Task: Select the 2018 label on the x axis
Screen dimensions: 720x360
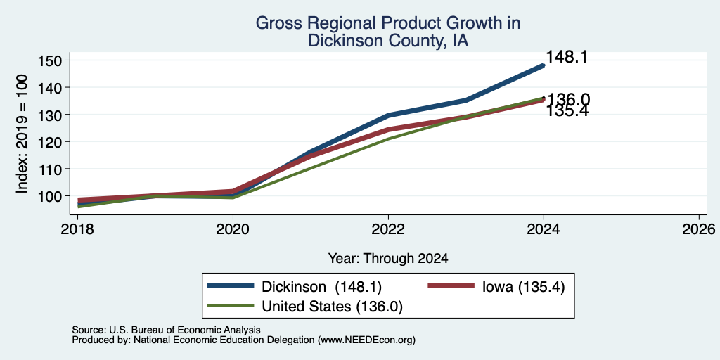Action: [77, 229]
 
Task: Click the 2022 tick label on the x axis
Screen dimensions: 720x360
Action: [388, 229]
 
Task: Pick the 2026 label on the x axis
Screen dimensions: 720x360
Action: [699, 229]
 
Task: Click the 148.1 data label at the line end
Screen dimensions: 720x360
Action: [567, 58]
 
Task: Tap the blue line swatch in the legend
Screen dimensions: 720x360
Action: [231, 285]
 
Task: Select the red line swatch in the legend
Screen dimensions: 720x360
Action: [451, 285]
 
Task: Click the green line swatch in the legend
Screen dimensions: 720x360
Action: [231, 306]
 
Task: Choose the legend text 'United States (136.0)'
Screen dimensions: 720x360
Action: [332, 307]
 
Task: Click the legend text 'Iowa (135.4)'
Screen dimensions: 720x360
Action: [523, 286]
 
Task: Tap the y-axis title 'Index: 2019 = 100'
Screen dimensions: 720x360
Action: [22, 134]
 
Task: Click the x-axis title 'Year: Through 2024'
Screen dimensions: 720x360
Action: [388, 259]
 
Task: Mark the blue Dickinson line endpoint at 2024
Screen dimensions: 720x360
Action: [544, 65]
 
